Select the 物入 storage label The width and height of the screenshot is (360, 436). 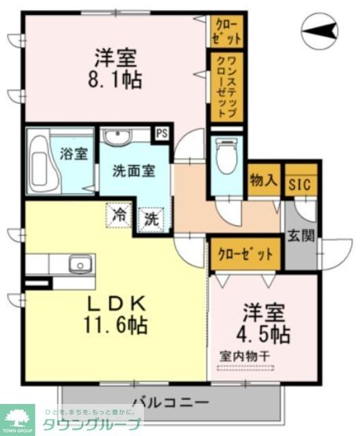pos(263,181)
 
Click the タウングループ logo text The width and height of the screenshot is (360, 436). pos(102,423)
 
